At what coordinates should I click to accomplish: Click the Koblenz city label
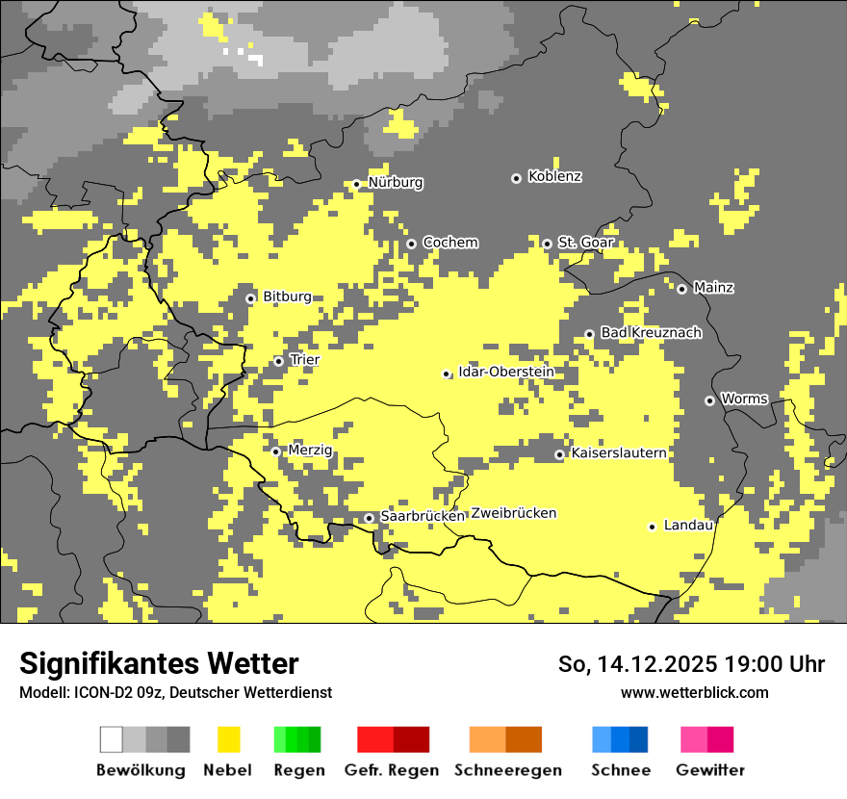554,177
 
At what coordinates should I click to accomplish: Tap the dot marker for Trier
278,361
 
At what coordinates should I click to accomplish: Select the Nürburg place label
395,183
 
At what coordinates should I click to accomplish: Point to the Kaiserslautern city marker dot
559,454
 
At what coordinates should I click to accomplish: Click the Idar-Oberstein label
505,373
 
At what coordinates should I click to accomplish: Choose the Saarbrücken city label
423,517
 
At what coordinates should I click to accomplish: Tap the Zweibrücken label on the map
514,514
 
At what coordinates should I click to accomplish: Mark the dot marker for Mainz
681,289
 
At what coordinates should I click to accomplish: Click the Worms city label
744,399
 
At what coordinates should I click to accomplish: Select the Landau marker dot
652,527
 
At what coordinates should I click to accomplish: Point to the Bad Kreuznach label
651,333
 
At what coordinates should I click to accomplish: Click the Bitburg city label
287,297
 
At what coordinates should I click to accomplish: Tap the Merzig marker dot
275,451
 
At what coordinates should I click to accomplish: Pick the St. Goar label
586,243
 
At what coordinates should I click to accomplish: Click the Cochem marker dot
411,244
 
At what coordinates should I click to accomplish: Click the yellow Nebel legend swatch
228,739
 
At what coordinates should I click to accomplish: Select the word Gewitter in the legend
710,770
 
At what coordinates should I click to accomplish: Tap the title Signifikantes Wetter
159,663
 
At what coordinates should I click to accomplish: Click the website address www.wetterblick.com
694,692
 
